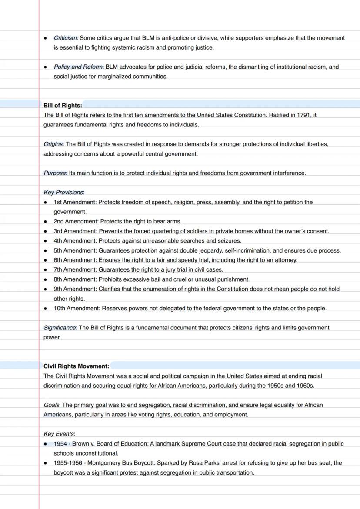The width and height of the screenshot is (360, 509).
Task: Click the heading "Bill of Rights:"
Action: click(63, 106)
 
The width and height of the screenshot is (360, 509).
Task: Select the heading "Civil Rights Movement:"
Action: click(76, 366)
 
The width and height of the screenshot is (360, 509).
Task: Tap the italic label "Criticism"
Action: click(65, 38)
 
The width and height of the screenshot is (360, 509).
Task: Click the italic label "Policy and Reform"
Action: click(78, 67)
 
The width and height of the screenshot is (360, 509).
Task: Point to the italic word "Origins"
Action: click(53, 144)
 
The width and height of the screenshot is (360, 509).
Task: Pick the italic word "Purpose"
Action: click(55, 173)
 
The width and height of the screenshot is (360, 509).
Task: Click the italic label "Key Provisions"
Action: click(63, 193)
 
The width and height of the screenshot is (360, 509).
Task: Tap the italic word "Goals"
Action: click(51, 405)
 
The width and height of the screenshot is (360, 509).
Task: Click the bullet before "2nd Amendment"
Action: click(46, 222)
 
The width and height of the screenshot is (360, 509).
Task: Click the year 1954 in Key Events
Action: click(60, 444)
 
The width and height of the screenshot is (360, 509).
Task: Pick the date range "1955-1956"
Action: click(67, 463)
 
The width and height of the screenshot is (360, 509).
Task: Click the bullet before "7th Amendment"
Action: click(46, 270)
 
